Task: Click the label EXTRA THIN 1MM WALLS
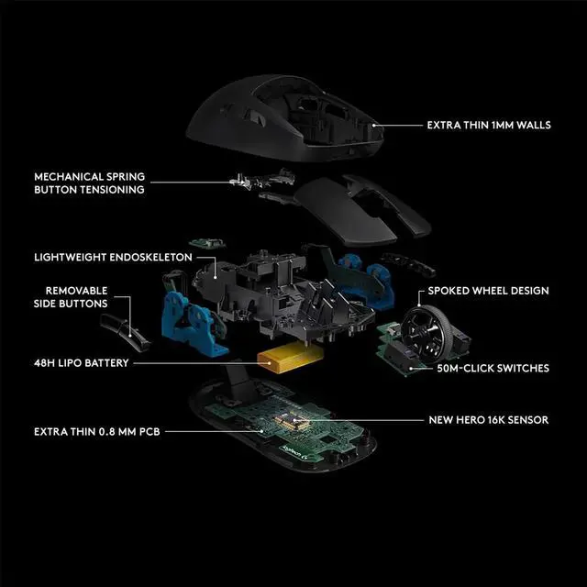(489, 125)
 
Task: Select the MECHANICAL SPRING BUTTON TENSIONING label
(89, 183)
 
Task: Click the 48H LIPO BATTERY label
(81, 363)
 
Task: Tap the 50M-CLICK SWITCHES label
(493, 368)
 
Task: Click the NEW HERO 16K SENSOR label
(489, 420)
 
